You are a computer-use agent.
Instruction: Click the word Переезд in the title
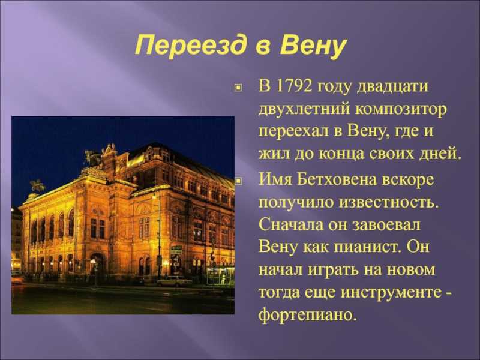(x=190, y=46)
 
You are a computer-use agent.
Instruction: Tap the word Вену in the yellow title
(x=313, y=46)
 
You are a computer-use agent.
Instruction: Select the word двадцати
(x=393, y=87)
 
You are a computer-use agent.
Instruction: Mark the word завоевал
(x=386, y=224)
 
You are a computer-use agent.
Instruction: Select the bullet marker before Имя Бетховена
(x=238, y=181)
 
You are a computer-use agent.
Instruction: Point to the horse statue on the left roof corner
(x=38, y=185)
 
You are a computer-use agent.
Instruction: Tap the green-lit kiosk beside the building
(x=220, y=276)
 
